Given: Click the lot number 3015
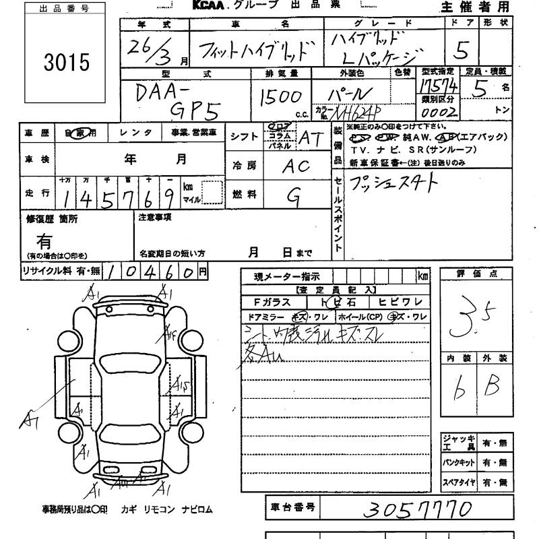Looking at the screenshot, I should (65, 62).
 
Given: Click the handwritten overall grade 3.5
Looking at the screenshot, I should (476, 318).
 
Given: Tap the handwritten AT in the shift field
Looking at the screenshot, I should (311, 138).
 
